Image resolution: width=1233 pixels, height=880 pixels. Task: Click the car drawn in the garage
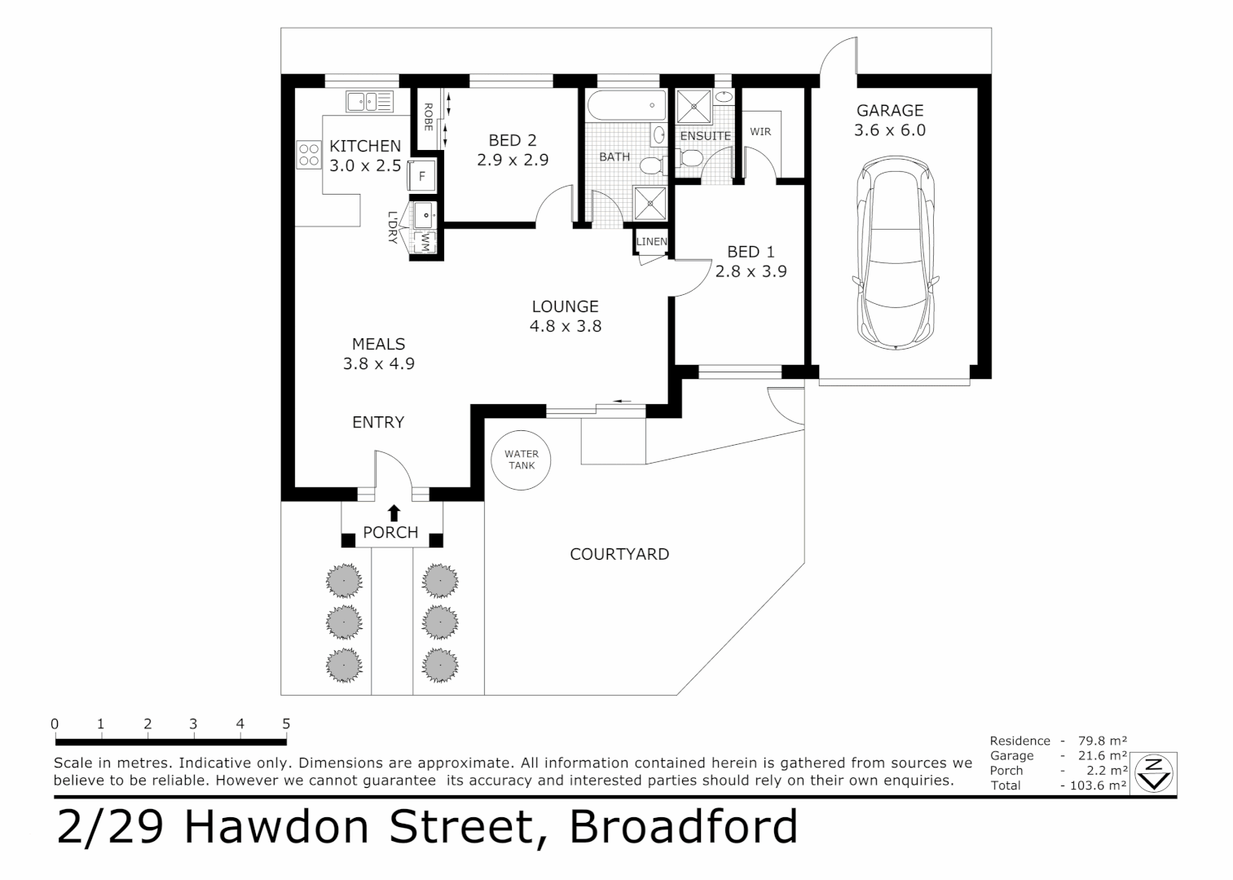click(x=896, y=253)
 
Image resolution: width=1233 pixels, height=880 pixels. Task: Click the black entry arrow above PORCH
click(x=394, y=513)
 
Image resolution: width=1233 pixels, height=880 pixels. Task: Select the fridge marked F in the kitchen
click(x=422, y=176)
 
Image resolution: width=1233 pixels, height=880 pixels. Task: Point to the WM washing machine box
click(x=425, y=242)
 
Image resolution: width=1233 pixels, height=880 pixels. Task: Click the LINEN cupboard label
click(x=652, y=241)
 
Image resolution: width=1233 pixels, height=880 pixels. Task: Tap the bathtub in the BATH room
click(x=624, y=105)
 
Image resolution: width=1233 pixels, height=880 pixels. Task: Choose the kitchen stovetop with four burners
click(x=309, y=155)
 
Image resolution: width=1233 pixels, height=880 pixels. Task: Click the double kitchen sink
click(x=370, y=102)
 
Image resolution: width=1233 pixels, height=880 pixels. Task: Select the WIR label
click(x=760, y=131)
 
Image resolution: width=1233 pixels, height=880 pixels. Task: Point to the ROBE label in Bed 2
click(x=428, y=117)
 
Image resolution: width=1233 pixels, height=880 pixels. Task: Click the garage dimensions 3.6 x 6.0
click(x=890, y=130)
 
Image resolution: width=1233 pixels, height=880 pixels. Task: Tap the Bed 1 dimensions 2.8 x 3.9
click(x=751, y=271)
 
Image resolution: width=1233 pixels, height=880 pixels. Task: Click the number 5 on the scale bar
click(x=286, y=724)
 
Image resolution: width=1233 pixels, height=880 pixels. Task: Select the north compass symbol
click(x=1153, y=773)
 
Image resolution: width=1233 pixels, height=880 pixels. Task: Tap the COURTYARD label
click(x=619, y=554)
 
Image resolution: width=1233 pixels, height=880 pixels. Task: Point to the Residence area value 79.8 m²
click(x=1102, y=741)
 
